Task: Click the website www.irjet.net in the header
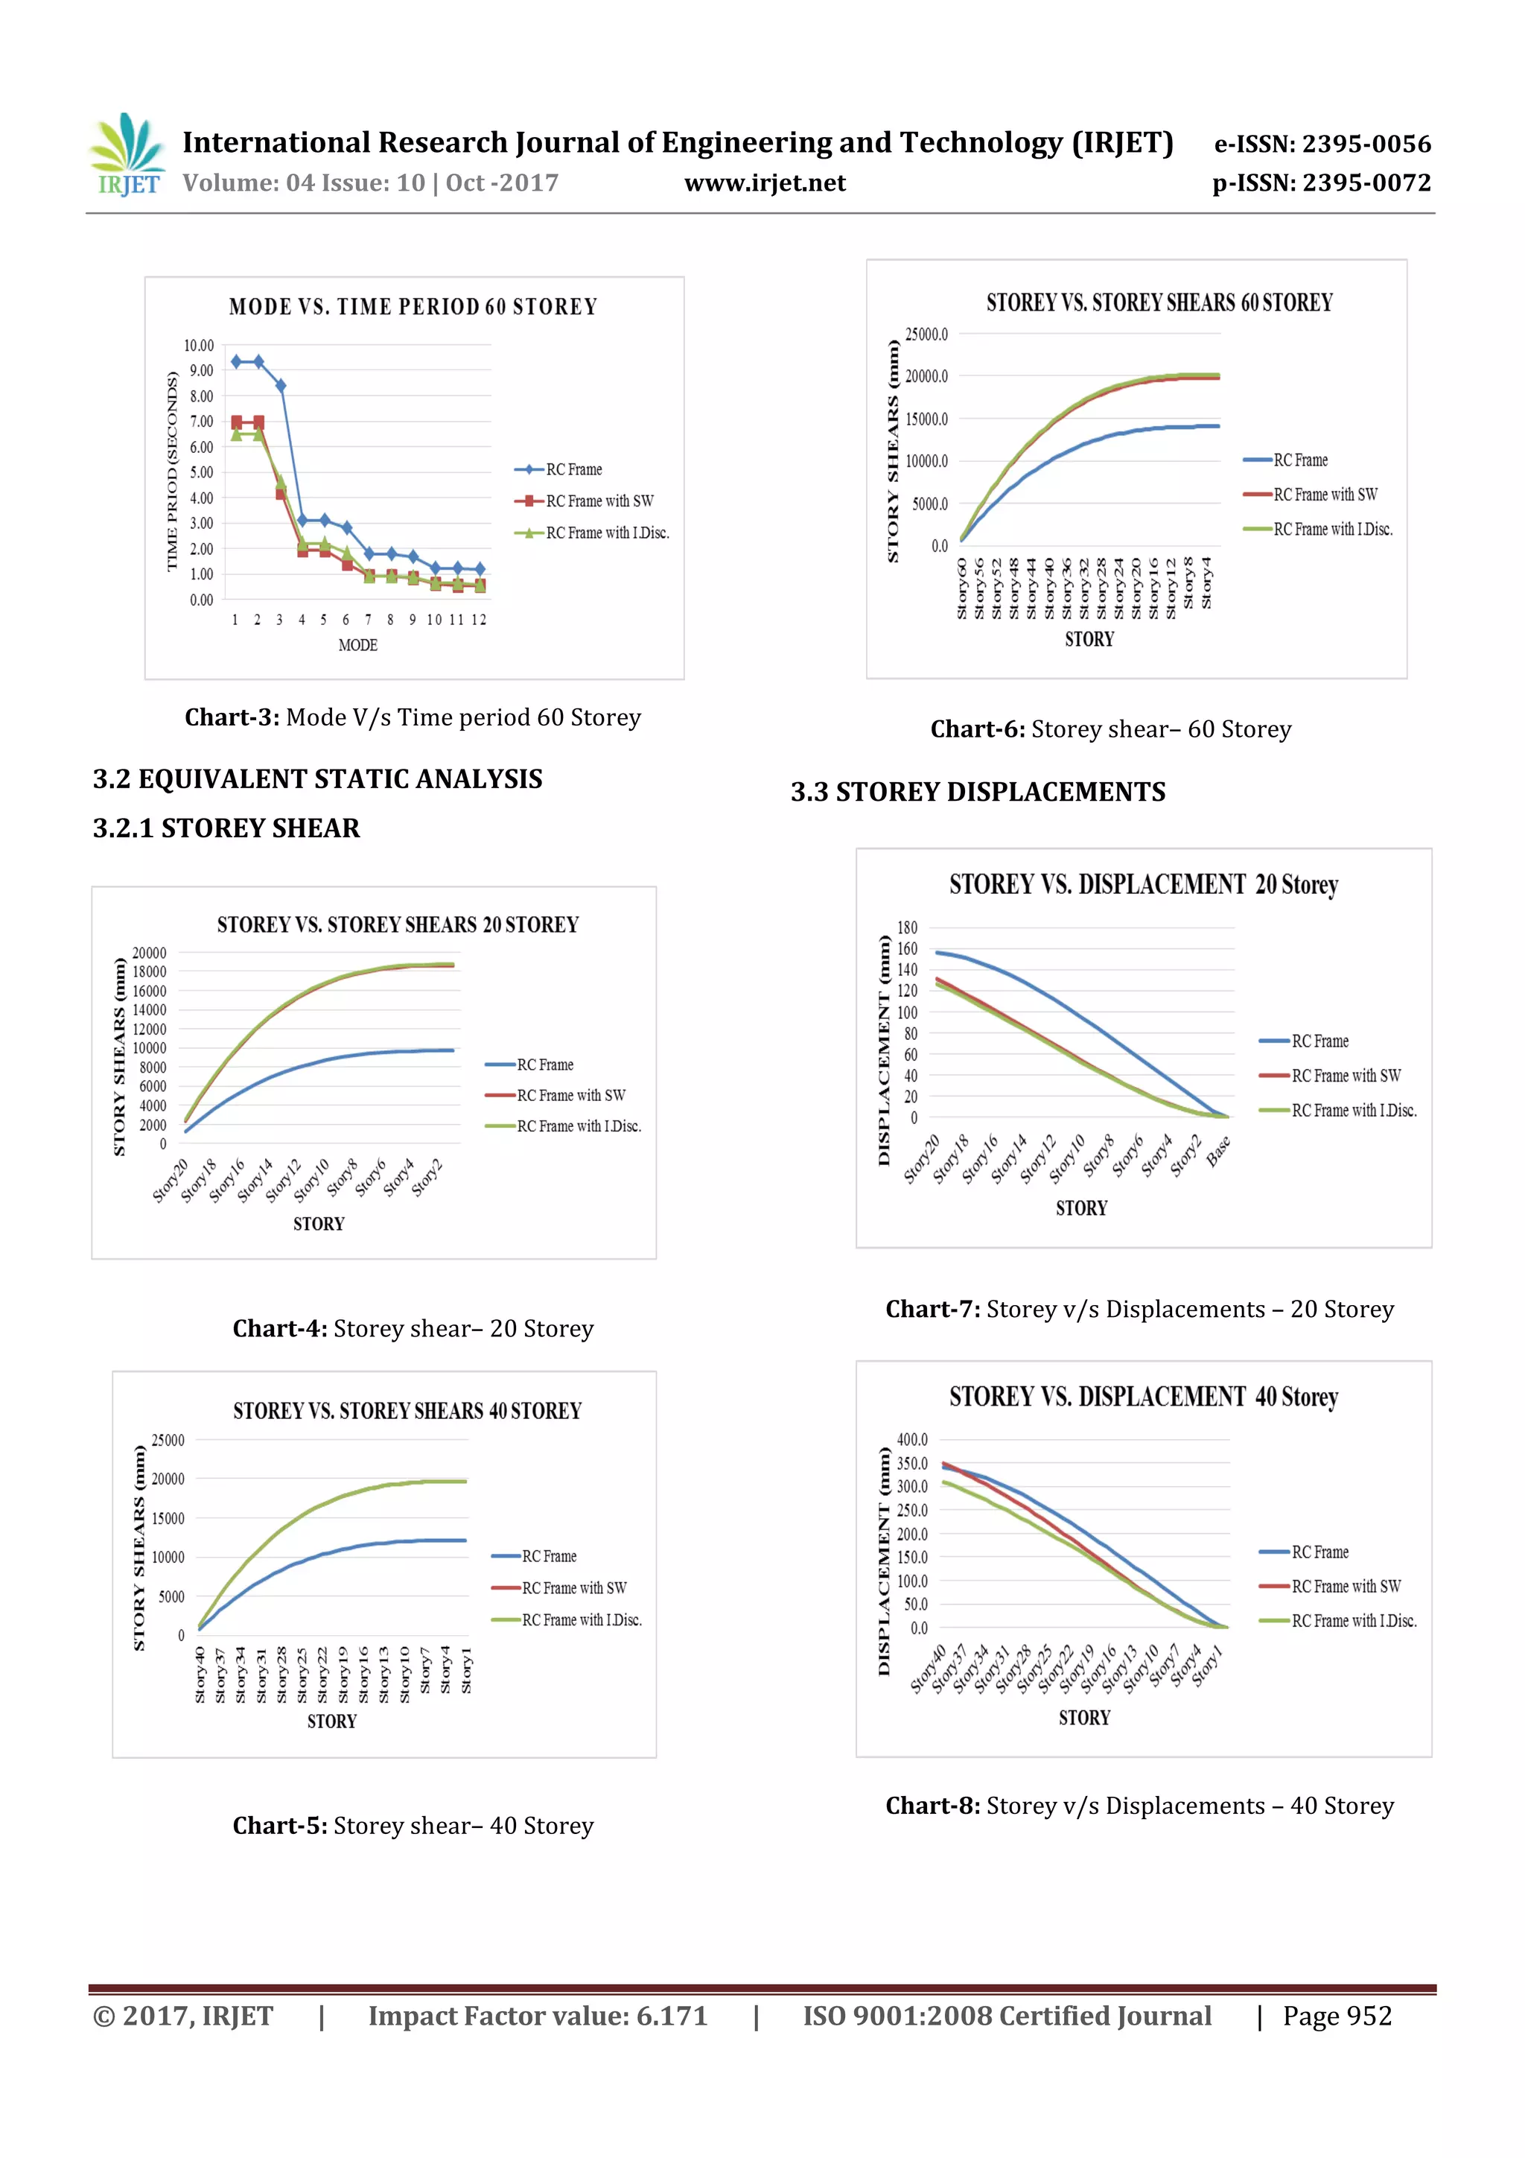(x=765, y=183)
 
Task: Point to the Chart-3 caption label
(x=231, y=717)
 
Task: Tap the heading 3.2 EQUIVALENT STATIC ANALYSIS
(x=318, y=779)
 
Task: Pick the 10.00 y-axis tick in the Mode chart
(x=198, y=346)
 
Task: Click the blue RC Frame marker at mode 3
(x=280, y=385)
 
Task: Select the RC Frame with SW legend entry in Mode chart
(x=599, y=501)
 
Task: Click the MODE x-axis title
(x=358, y=645)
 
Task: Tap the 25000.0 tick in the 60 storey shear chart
(x=926, y=334)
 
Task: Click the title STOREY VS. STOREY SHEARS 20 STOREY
(x=398, y=925)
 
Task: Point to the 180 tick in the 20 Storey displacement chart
(x=907, y=927)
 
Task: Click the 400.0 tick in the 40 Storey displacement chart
(x=911, y=1439)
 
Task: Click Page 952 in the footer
(x=1337, y=2016)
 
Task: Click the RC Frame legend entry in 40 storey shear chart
(x=549, y=1556)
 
